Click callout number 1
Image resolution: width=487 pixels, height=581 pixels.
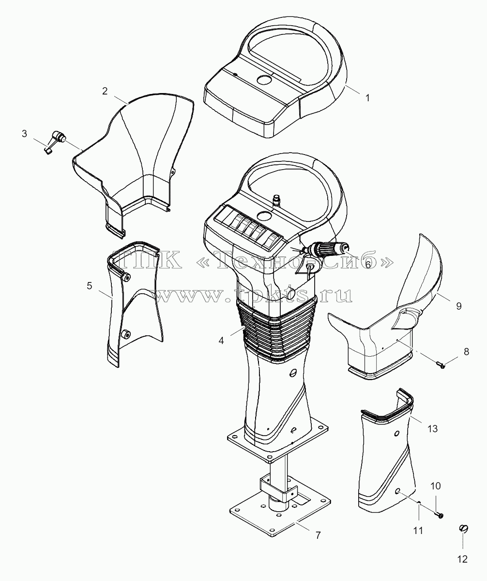point(367,98)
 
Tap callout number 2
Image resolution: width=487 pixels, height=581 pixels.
point(105,91)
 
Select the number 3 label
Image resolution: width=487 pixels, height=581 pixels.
point(24,133)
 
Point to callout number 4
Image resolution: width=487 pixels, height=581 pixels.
point(221,341)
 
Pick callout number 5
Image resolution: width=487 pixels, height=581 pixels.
point(90,286)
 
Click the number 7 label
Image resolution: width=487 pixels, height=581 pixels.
point(318,535)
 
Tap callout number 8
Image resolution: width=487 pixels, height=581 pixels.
point(466,352)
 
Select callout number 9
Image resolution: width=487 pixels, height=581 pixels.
point(458,306)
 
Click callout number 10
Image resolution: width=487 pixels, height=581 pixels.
point(436,486)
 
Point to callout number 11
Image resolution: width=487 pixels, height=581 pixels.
point(418,531)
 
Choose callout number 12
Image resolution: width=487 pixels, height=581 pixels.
point(463,559)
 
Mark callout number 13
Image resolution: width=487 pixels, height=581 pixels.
point(432,429)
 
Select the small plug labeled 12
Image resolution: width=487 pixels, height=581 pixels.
point(463,529)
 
